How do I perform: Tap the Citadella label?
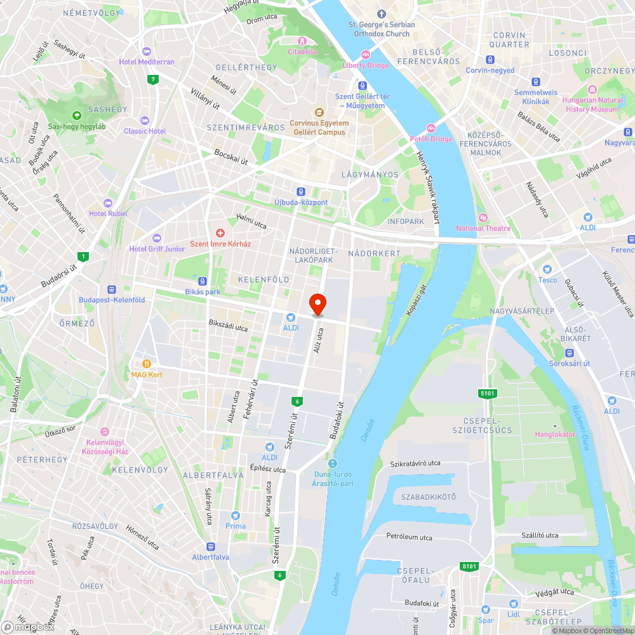[x=302, y=51]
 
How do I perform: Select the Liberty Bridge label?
[x=365, y=65]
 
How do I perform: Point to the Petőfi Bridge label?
[x=431, y=138]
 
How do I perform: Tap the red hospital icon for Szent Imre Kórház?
[x=220, y=233]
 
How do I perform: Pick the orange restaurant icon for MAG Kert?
[x=147, y=364]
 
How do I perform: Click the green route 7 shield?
[x=152, y=80]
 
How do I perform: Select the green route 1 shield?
[x=83, y=257]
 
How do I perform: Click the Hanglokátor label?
[x=555, y=434]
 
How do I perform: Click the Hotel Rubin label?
[x=108, y=213]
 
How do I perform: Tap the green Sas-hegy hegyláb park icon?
[x=77, y=116]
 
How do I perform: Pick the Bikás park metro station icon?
[x=203, y=281]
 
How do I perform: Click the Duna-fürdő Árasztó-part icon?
[x=332, y=463]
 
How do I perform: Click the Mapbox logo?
[x=28, y=627]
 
